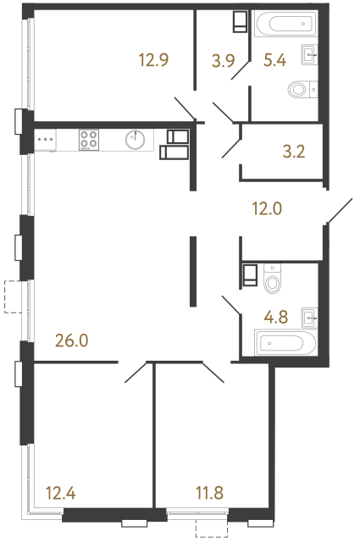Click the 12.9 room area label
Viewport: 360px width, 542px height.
[x=154, y=59]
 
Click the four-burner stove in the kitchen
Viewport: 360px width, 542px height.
[x=89, y=139]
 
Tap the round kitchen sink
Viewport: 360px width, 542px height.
[x=135, y=139]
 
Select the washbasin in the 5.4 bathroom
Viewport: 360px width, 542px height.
[x=309, y=56]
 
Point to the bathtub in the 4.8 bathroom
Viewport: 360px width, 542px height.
[x=285, y=343]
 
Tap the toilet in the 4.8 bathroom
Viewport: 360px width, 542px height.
[x=273, y=279]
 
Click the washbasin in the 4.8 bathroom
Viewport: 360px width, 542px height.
[x=309, y=318]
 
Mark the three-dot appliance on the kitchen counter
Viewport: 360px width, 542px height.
[x=44, y=139]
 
